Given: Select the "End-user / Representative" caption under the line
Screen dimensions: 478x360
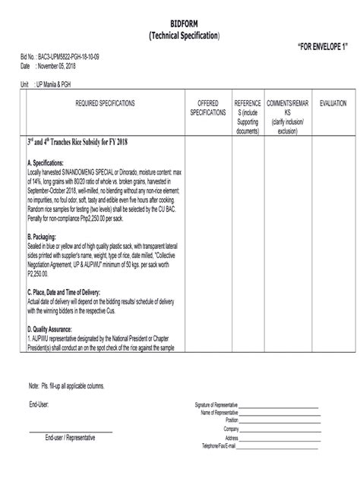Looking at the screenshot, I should tap(70, 438).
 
